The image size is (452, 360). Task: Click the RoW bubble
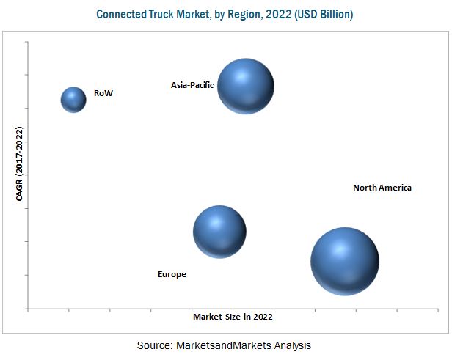click(x=73, y=99)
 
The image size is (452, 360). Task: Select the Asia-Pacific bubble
click(x=246, y=86)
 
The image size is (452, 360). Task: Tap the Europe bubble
click(x=219, y=232)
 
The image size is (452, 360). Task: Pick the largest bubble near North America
click(x=344, y=260)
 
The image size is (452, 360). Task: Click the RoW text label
click(x=103, y=93)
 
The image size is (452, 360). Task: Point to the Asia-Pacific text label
click(x=192, y=85)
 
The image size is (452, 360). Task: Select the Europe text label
click(x=172, y=274)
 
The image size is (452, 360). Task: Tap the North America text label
click(x=382, y=188)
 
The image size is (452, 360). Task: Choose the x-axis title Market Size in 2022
click(x=233, y=317)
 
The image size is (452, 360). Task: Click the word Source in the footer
click(x=153, y=345)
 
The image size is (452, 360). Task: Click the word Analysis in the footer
click(x=291, y=345)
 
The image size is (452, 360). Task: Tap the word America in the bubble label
click(x=395, y=188)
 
